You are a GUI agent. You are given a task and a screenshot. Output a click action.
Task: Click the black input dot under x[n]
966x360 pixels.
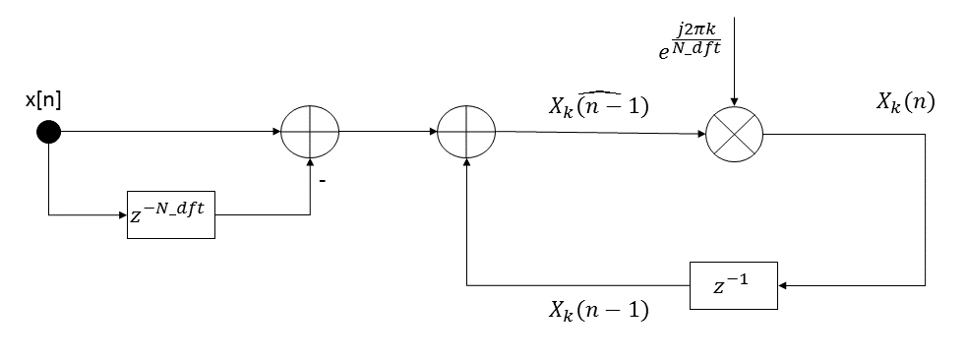tap(48, 132)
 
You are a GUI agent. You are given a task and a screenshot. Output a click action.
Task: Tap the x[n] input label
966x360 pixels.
tap(47, 102)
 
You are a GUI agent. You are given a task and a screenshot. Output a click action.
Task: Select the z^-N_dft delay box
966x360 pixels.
tap(170, 213)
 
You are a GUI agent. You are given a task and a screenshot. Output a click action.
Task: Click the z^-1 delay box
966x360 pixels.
tap(733, 285)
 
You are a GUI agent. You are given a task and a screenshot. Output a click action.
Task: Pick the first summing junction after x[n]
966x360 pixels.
tap(310, 132)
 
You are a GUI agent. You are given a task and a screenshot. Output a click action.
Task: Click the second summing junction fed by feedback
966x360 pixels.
tap(466, 132)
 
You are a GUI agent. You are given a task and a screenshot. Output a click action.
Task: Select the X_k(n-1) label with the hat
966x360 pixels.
tap(598, 105)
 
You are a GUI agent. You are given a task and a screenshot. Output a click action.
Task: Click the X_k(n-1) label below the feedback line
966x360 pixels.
tap(598, 311)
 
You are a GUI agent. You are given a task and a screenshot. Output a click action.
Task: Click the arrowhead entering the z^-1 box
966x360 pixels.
tap(782, 286)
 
